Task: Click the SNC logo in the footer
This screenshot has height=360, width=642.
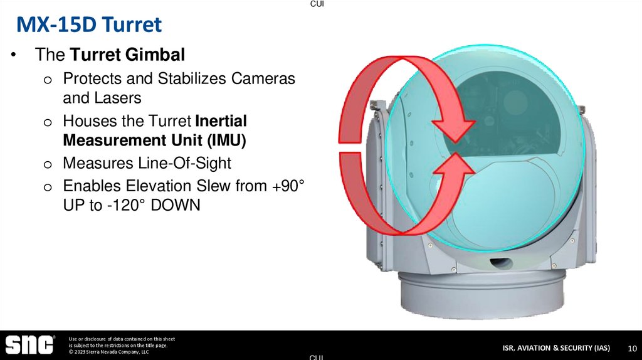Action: click(29, 345)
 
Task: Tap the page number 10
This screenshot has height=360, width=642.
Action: click(632, 348)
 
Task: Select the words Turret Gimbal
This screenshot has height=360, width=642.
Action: click(127, 55)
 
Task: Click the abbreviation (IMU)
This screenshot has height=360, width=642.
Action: click(224, 140)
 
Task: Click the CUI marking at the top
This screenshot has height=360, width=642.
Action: click(317, 4)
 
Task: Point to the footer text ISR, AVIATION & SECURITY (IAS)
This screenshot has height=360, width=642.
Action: click(555, 348)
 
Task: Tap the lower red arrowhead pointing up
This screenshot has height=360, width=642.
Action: click(456, 167)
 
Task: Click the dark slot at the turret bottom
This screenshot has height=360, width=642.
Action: click(500, 260)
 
